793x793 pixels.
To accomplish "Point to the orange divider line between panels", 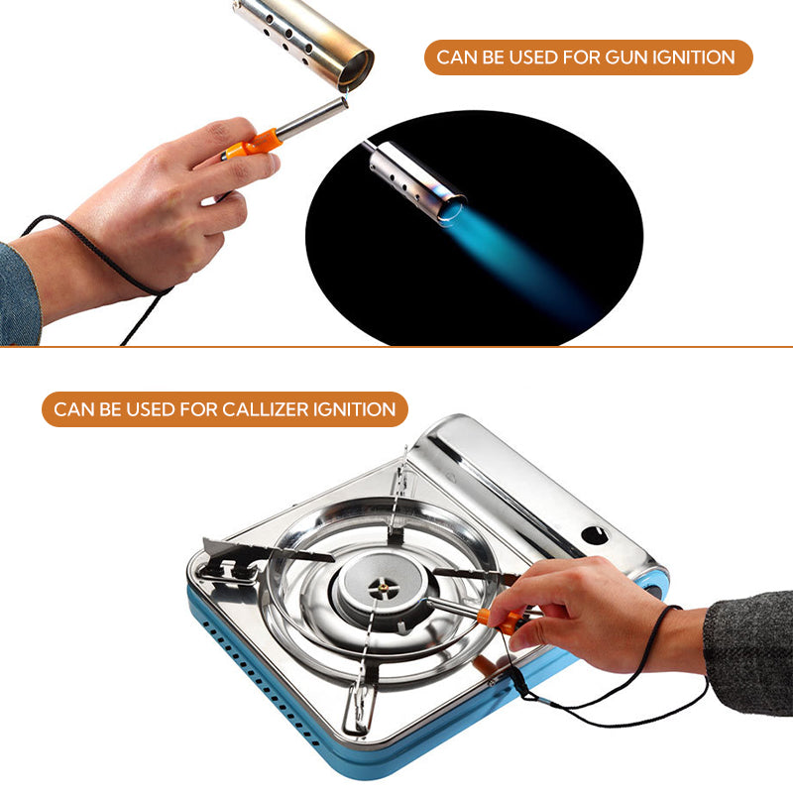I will tap(396, 346).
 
